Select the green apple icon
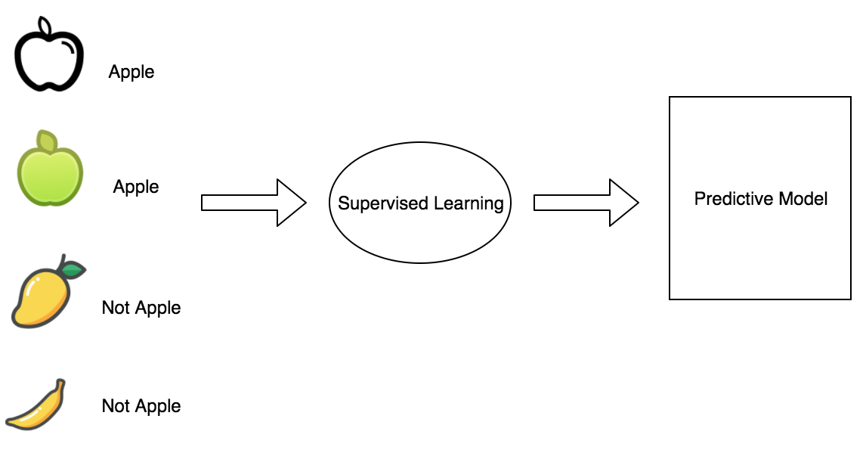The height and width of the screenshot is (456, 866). tap(51, 173)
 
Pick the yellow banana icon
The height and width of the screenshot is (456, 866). tap(36, 408)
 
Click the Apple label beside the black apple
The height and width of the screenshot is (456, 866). tap(131, 73)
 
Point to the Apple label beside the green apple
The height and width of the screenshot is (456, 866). tap(136, 186)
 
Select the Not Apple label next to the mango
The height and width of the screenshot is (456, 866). tap(141, 308)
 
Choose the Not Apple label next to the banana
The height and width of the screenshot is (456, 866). tap(141, 406)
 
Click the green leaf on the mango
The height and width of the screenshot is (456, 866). tap(73, 269)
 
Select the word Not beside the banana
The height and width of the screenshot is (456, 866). tap(116, 406)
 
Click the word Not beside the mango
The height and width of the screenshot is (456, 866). tap(116, 308)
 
